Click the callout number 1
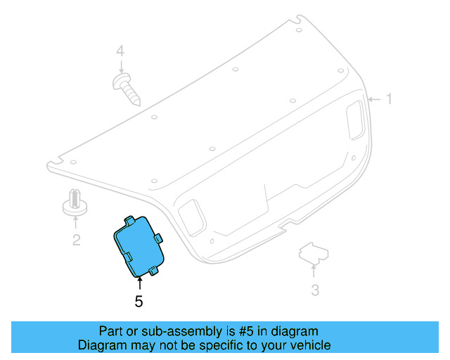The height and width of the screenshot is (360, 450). (x=388, y=99)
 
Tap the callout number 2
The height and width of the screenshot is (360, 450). (x=76, y=240)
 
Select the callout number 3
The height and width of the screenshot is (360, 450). (x=315, y=290)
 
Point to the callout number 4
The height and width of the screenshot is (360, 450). (x=120, y=51)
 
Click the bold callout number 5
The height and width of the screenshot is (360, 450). (x=139, y=302)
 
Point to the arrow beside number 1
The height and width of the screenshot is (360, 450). (x=373, y=99)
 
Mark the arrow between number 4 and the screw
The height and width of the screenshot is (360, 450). (x=121, y=67)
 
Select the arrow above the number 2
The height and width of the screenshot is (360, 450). (x=75, y=223)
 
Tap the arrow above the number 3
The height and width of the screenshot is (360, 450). (x=314, y=271)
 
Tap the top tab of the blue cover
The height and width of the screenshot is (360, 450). (x=130, y=220)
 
